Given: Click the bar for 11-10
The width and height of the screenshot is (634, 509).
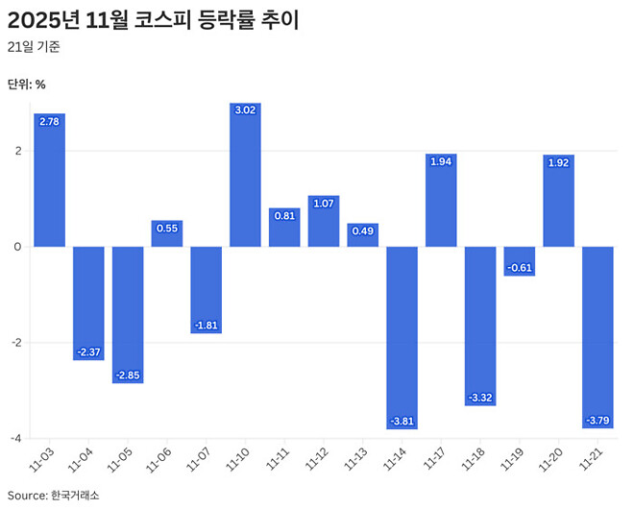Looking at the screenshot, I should click(x=245, y=175).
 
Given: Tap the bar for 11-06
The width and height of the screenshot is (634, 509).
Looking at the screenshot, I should click(x=167, y=233).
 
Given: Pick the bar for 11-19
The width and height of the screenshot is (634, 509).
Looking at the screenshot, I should click(x=520, y=261).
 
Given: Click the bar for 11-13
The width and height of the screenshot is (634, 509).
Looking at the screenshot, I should click(x=362, y=235).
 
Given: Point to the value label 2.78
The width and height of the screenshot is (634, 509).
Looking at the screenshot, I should click(x=49, y=121).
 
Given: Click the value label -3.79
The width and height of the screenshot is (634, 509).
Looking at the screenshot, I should click(x=597, y=421).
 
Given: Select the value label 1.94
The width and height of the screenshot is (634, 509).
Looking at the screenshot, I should click(x=441, y=162).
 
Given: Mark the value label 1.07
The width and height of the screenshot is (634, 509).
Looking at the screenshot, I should click(x=324, y=204).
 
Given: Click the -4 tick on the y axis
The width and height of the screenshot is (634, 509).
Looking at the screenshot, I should click(x=16, y=439).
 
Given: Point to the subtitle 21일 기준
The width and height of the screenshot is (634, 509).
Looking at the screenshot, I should click(x=34, y=47).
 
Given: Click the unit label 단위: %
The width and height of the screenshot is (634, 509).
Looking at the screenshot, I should click(x=27, y=84).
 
